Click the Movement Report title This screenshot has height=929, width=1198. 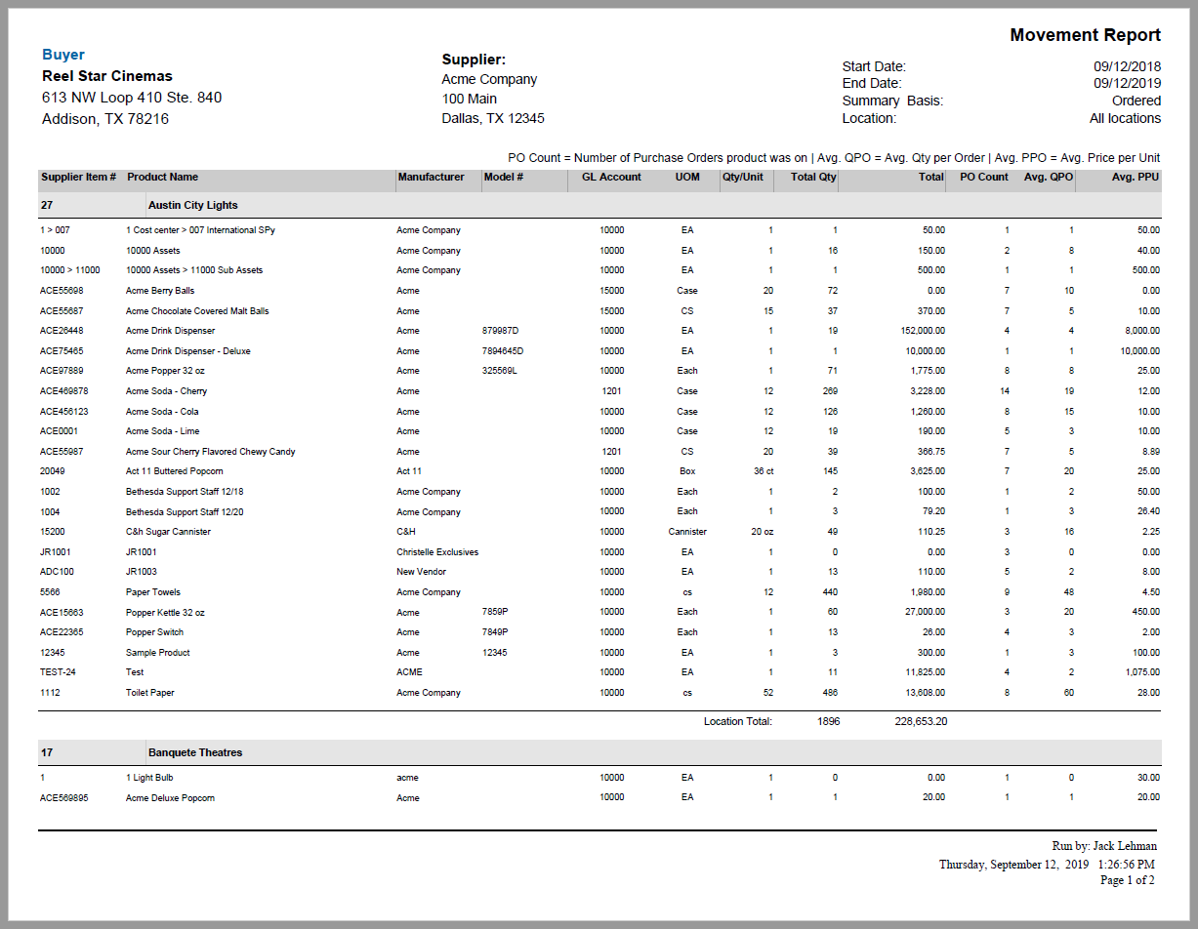1085,36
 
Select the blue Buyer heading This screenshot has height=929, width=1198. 63,55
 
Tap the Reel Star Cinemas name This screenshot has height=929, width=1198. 107,76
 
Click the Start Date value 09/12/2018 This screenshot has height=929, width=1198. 1127,66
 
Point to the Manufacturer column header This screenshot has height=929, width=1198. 431,178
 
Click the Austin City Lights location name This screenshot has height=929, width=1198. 192,205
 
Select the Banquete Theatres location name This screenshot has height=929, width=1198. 195,752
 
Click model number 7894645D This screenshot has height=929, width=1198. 503,351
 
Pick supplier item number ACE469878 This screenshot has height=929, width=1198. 68,391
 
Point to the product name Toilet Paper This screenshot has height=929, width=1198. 150,693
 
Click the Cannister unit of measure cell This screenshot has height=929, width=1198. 687,532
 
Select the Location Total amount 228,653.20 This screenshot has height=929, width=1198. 921,722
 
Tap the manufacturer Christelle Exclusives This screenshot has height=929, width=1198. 437,552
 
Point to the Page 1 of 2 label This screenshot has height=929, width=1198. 1127,880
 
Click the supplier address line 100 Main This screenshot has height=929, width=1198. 469,99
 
